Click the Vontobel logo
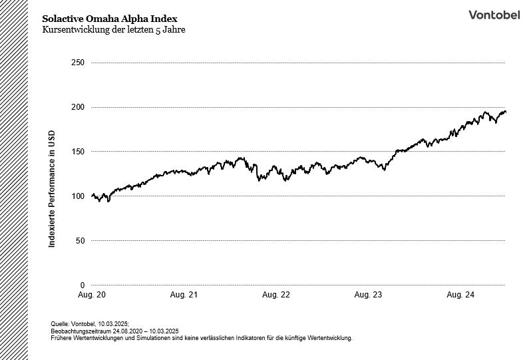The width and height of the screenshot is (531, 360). (494, 15)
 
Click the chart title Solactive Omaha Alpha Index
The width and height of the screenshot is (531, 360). (110, 18)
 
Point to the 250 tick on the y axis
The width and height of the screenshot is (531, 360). (78, 63)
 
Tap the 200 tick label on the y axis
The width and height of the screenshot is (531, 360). (78, 107)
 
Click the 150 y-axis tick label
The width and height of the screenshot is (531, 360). (78, 152)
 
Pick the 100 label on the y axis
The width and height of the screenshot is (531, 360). (78, 196)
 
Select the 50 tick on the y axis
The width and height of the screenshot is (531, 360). (80, 241)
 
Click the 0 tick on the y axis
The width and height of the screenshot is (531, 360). (82, 285)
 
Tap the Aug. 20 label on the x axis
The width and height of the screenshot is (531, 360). (92, 294)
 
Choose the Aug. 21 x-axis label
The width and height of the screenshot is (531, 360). (184, 294)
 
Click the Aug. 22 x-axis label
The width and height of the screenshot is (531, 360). (276, 294)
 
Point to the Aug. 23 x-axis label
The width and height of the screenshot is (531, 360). (368, 294)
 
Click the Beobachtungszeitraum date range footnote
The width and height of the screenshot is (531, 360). (114, 331)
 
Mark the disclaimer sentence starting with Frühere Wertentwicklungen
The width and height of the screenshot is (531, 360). (201, 337)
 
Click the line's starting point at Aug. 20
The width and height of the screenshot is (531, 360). (92, 196)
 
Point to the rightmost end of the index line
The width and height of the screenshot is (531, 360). (505, 112)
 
